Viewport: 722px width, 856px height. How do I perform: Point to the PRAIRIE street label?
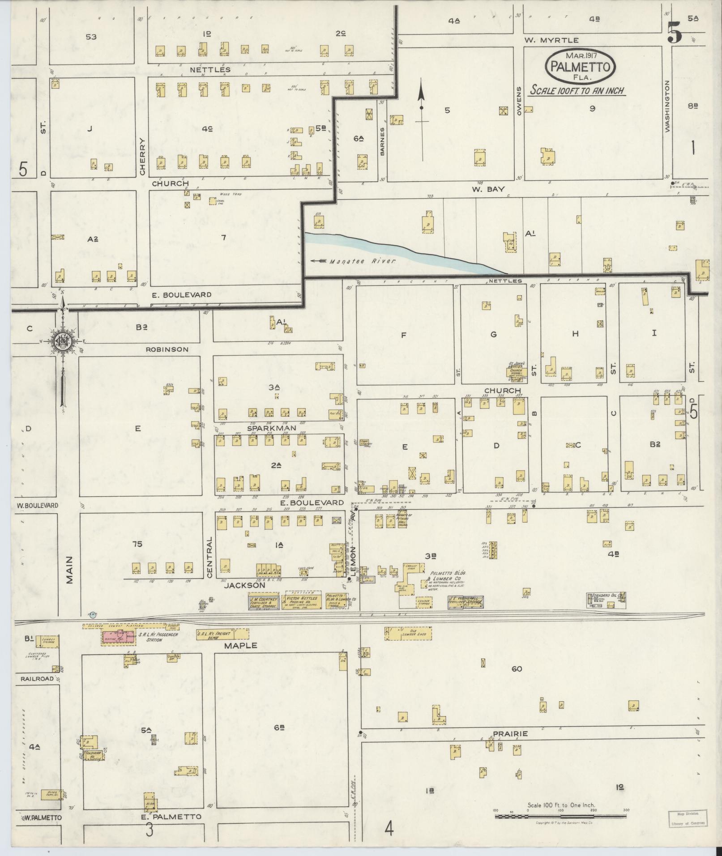tap(510, 734)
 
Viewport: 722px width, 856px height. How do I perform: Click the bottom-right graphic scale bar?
tap(560, 816)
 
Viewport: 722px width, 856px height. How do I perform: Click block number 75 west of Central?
tap(137, 544)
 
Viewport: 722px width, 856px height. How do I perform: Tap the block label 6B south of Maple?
tap(280, 728)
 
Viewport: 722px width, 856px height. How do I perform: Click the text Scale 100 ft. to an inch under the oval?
tap(577, 90)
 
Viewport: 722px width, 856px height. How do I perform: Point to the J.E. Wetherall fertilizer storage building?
tap(466, 602)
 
